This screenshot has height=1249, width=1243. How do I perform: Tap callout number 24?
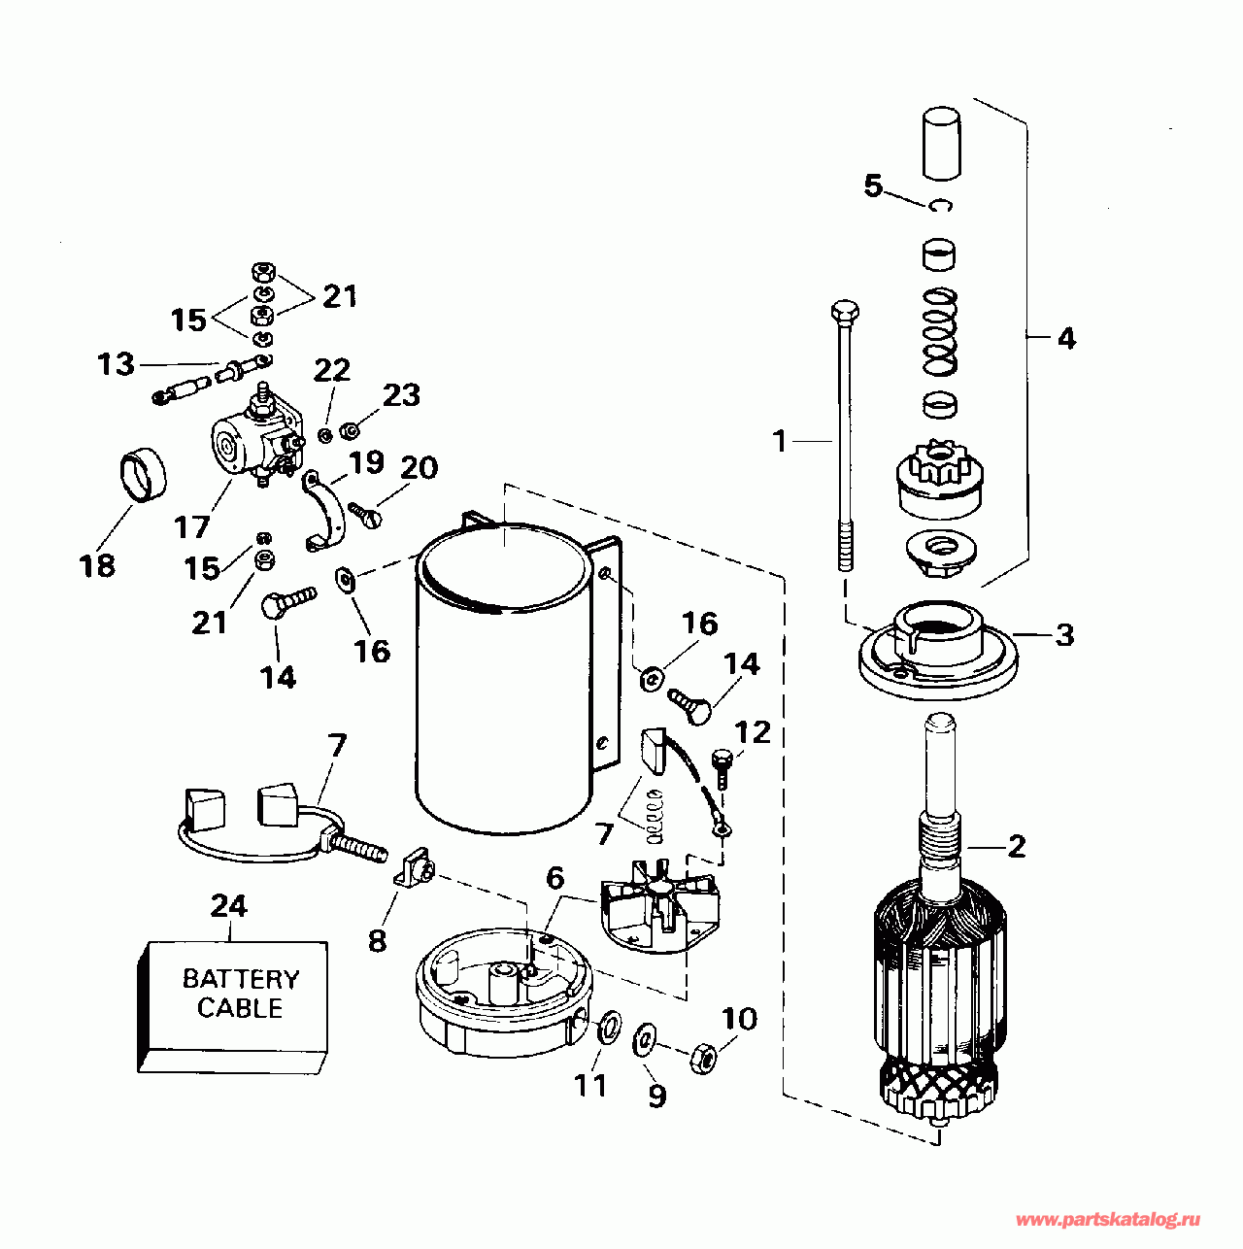pos(229,905)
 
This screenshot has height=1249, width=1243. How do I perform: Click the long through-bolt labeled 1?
pos(842,437)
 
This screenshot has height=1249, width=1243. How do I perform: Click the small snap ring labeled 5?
pos(940,206)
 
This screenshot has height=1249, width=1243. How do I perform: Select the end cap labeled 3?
pos(937,654)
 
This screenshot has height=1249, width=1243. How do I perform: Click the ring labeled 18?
pos(144,478)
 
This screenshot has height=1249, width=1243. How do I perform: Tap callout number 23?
pos(400,395)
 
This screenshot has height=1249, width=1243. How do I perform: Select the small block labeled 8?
pos(415,866)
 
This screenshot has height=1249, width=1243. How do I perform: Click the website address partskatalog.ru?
pos(1106,1219)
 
